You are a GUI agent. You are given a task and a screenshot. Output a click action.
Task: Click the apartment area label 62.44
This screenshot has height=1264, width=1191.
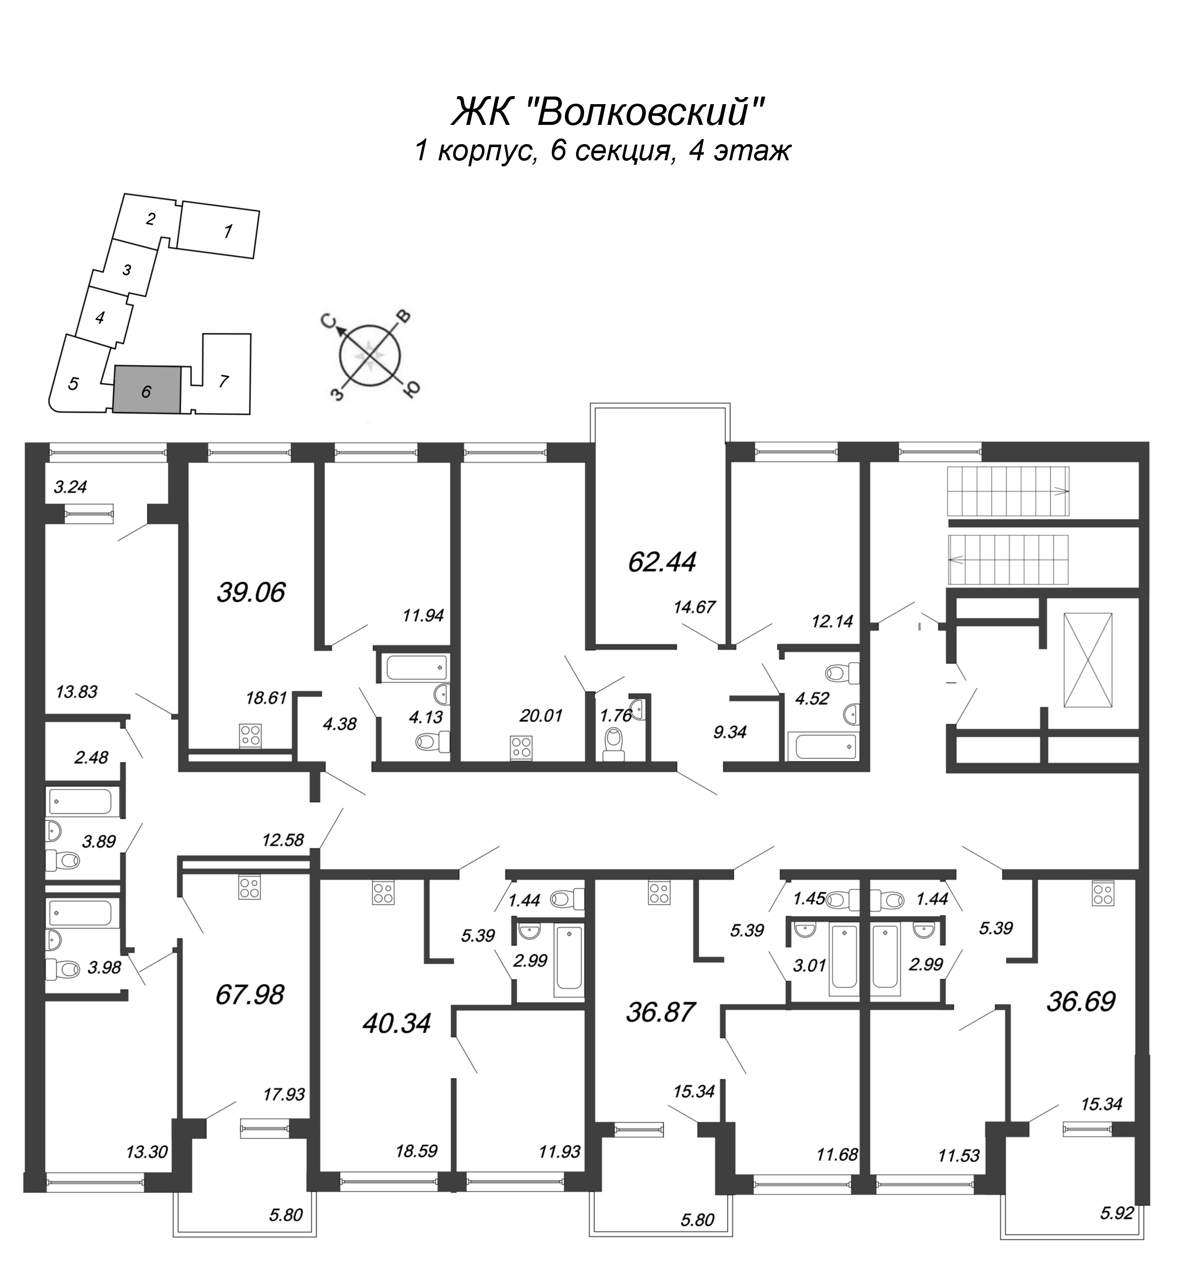click(662, 562)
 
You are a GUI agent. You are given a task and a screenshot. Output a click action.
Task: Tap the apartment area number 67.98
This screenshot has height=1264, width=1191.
click(250, 995)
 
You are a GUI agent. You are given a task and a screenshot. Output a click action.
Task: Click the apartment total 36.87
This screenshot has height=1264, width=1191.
click(660, 1012)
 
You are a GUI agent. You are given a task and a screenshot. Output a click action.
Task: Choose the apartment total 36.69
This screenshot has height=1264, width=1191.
click(1081, 1003)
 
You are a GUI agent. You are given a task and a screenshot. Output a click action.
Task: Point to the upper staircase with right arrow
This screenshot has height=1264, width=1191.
click(1008, 491)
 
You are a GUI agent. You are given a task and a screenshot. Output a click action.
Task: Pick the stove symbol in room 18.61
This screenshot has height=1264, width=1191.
click(250, 736)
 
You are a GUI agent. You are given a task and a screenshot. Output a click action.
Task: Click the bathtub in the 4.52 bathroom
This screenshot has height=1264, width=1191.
click(823, 746)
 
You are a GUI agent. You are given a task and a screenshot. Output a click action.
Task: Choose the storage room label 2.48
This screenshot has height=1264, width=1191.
click(91, 757)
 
